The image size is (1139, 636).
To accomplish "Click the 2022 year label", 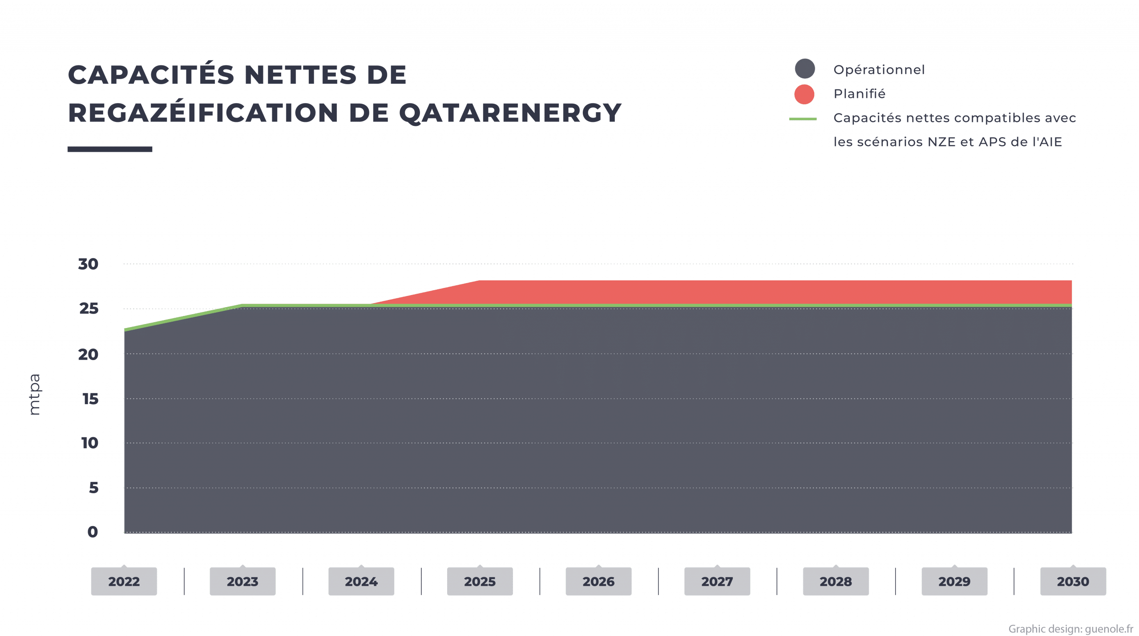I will pyautogui.click(x=124, y=581).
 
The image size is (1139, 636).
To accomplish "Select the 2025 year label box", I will pyautogui.click(x=480, y=581).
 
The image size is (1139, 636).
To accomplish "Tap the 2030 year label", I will pyautogui.click(x=1073, y=581).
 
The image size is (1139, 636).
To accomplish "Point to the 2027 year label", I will pyautogui.click(x=717, y=581).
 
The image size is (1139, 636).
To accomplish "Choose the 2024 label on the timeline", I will pyautogui.click(x=361, y=581).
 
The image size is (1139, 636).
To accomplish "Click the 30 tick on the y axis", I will pyautogui.click(x=88, y=264).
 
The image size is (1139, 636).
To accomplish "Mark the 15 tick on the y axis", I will pyautogui.click(x=90, y=399).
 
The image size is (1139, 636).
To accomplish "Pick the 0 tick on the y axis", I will pyautogui.click(x=93, y=532).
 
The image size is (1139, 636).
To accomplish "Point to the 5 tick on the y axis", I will pyautogui.click(x=93, y=488).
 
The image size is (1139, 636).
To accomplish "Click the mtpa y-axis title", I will pyautogui.click(x=35, y=394).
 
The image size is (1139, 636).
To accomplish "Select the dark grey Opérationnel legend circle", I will pyautogui.click(x=804, y=69).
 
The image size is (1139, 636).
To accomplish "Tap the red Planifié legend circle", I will pyautogui.click(x=804, y=94).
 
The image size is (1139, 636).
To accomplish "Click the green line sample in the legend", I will pyautogui.click(x=803, y=119).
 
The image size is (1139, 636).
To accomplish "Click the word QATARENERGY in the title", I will pyautogui.click(x=509, y=113).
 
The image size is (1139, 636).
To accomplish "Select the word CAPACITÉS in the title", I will pyautogui.click(x=151, y=75).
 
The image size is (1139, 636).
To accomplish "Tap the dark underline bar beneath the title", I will pyautogui.click(x=110, y=150).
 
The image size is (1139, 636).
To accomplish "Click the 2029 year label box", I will pyautogui.click(x=954, y=581).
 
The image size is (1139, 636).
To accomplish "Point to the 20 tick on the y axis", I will pyautogui.click(x=88, y=355).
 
